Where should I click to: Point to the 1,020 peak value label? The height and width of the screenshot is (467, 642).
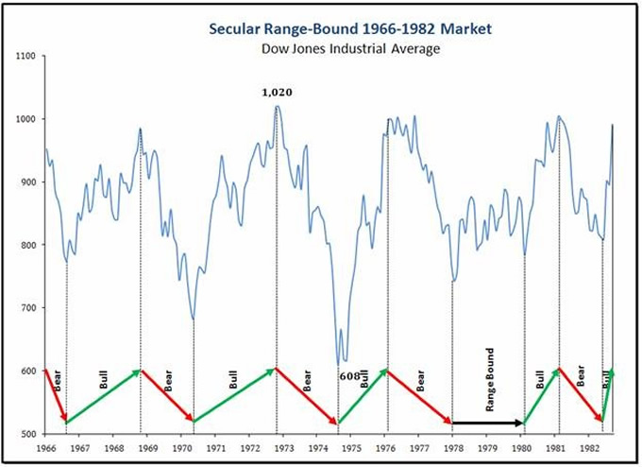click(x=277, y=93)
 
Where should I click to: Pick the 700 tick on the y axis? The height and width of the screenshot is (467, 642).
click(x=27, y=308)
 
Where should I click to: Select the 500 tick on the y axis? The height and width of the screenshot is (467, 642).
click(x=27, y=434)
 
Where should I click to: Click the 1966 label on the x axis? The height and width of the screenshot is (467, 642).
click(x=44, y=448)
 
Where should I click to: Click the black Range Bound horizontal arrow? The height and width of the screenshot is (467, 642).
click(x=488, y=423)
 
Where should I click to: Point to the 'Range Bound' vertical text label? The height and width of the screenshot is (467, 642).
click(x=490, y=380)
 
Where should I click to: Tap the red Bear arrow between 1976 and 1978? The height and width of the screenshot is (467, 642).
click(x=419, y=396)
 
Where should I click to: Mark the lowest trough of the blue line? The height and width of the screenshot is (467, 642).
click(x=340, y=363)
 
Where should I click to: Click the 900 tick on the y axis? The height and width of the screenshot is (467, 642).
click(x=27, y=182)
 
